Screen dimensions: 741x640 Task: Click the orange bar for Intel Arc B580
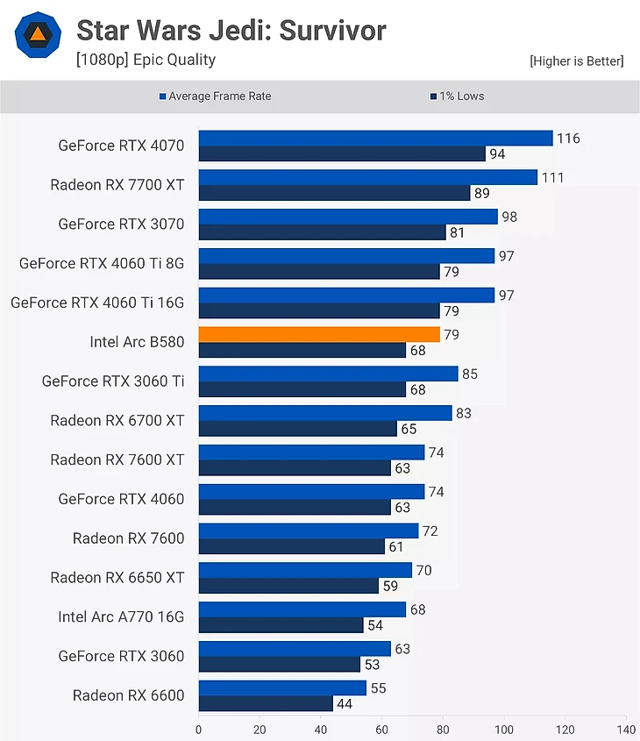(x=319, y=334)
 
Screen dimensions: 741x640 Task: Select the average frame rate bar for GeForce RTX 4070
(x=375, y=138)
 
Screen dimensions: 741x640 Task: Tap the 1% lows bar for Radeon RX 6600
(x=266, y=703)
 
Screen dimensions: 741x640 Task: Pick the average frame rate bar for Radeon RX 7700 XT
(x=367, y=177)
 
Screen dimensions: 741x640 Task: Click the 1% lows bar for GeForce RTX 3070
(x=322, y=232)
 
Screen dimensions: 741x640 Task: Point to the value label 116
(x=568, y=139)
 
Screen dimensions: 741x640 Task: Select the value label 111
(x=552, y=178)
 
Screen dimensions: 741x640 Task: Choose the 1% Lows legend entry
(x=457, y=96)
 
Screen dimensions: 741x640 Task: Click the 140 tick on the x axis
(x=626, y=729)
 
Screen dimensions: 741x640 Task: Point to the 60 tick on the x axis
(x=382, y=729)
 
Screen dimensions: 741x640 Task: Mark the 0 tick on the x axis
(x=199, y=729)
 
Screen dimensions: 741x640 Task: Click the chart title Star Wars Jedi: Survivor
(x=231, y=31)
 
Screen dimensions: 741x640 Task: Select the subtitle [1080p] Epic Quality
(x=146, y=60)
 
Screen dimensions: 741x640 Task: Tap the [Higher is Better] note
(x=576, y=61)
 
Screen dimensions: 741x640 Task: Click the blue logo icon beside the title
(x=38, y=34)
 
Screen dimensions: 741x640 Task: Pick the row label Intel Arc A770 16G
(x=121, y=616)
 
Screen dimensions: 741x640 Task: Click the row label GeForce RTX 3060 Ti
(x=113, y=381)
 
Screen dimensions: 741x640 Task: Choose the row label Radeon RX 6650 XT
(x=117, y=577)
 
